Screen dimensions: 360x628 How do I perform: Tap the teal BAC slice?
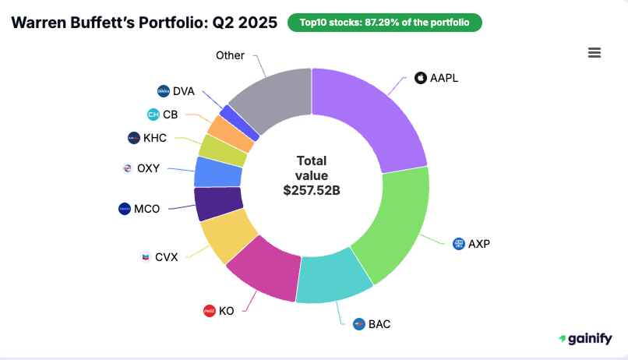point(334,277)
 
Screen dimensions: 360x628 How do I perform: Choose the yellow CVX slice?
point(228,238)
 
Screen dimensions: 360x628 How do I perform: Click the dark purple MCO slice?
point(217,204)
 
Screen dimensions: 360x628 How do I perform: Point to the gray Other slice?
point(269,97)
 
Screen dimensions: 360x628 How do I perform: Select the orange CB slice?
point(239,134)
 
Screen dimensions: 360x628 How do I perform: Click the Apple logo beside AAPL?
point(421,78)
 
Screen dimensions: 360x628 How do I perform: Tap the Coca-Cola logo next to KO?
point(209,311)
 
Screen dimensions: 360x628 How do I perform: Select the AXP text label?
point(479,244)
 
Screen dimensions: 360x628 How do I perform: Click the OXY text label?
point(148,168)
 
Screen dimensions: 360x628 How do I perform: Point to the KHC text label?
point(156,138)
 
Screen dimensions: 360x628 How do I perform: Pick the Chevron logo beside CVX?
point(145,256)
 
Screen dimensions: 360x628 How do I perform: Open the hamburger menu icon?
point(594,52)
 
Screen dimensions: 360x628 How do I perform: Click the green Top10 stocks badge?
point(384,23)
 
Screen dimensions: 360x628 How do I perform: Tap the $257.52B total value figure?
point(311,189)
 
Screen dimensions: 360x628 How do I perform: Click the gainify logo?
point(586,339)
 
